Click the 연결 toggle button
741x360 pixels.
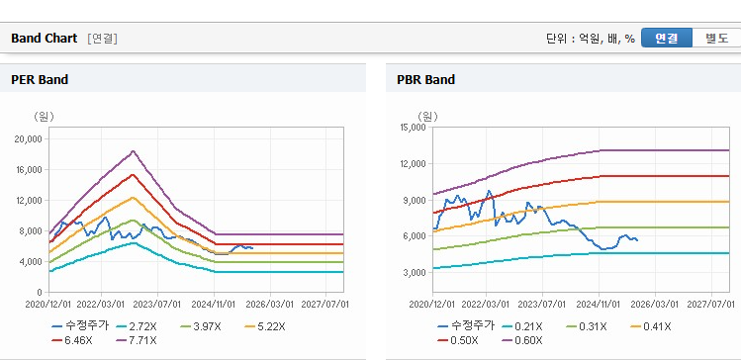[x=667, y=38]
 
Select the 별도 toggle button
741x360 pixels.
[x=716, y=38]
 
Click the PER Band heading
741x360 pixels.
[x=40, y=80]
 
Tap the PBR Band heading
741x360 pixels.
[x=425, y=80]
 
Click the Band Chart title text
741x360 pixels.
[x=44, y=39]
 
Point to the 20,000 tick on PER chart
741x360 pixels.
[x=30, y=138]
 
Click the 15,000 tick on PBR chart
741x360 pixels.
[x=413, y=127]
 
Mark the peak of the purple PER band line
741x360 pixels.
[x=134, y=151]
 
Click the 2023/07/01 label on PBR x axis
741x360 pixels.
[x=542, y=304]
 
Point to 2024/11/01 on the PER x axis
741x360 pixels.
[x=214, y=304]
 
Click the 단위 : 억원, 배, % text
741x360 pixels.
[x=591, y=39]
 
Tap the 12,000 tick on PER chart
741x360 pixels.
[x=30, y=201]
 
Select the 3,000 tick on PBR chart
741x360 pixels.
[x=415, y=273]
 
